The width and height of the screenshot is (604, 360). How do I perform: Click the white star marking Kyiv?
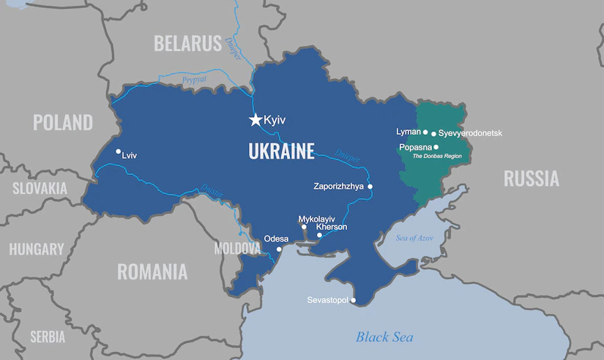(256, 119)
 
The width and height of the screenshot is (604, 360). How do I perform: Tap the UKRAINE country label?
(281, 151)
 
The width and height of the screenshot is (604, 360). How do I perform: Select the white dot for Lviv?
(119, 152)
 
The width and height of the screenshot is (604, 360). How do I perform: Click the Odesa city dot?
(279, 249)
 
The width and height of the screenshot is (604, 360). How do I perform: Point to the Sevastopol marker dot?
(353, 300)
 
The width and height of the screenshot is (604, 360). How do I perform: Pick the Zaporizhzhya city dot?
(370, 187)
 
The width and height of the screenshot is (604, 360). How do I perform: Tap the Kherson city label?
(332, 227)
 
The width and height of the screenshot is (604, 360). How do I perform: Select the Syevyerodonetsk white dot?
(433, 134)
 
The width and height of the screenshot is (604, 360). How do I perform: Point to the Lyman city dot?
(425, 132)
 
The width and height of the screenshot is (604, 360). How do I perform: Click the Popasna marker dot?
(436, 147)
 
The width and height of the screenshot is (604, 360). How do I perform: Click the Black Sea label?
(384, 337)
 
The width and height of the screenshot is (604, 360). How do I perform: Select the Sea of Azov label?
(414, 238)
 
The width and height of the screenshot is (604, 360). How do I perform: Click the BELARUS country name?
(187, 43)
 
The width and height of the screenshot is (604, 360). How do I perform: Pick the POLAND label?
(62, 122)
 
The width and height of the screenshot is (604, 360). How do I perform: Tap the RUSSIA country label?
(531, 178)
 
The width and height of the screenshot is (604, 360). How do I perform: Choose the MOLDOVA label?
(237, 249)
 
